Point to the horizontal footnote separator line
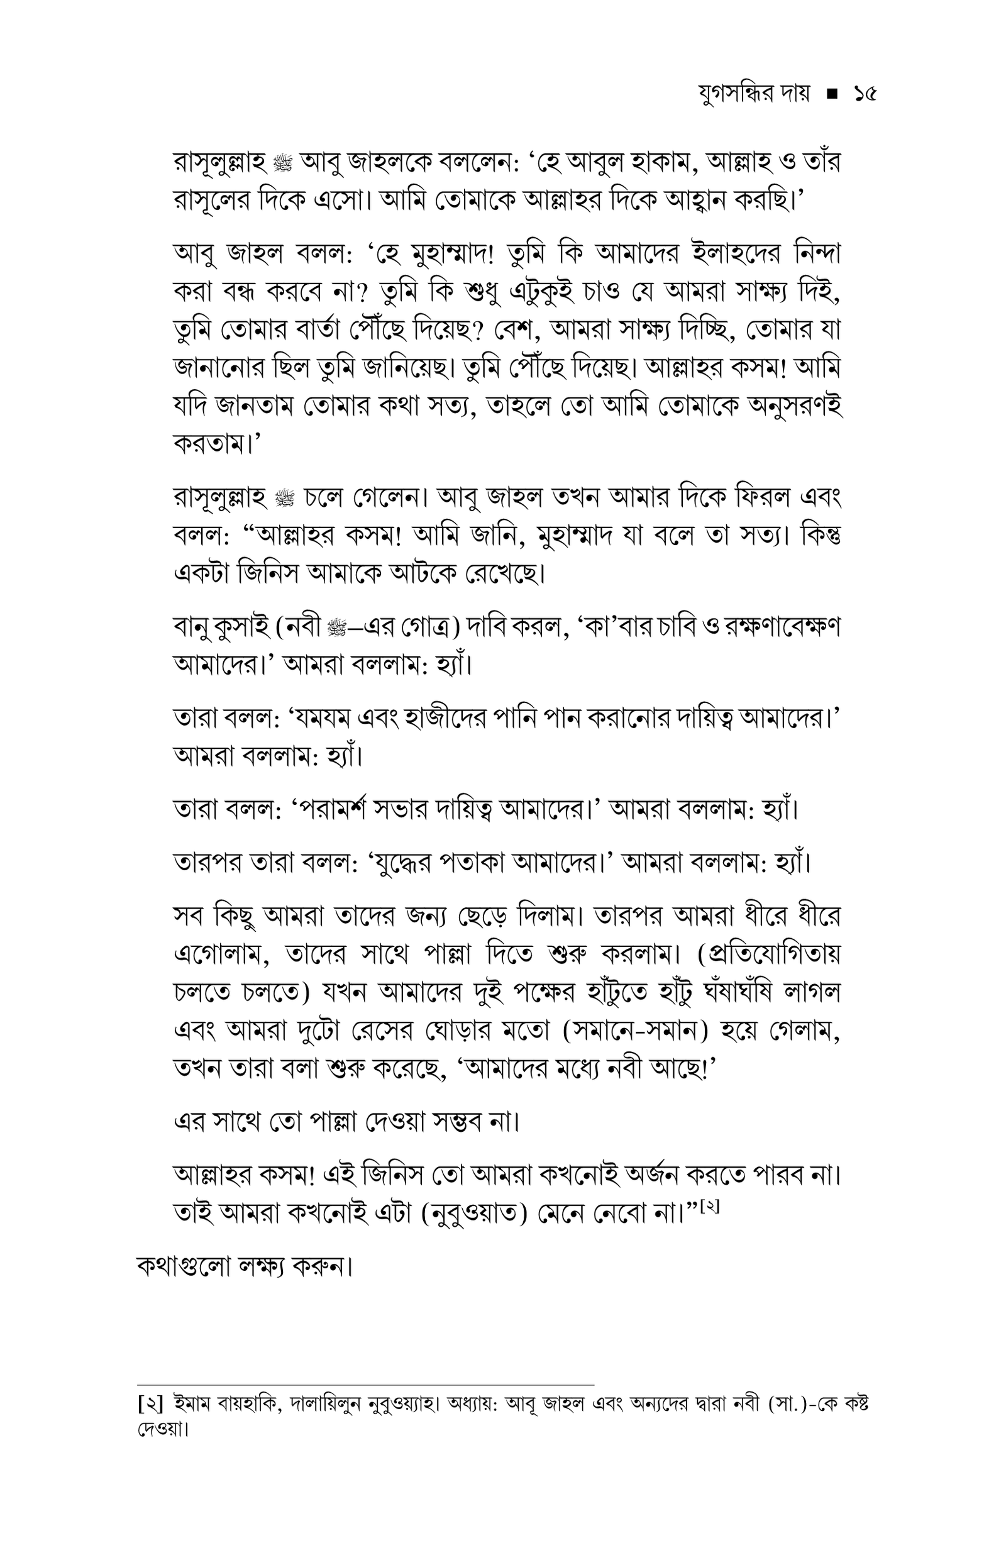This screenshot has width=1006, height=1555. click(366, 1383)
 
